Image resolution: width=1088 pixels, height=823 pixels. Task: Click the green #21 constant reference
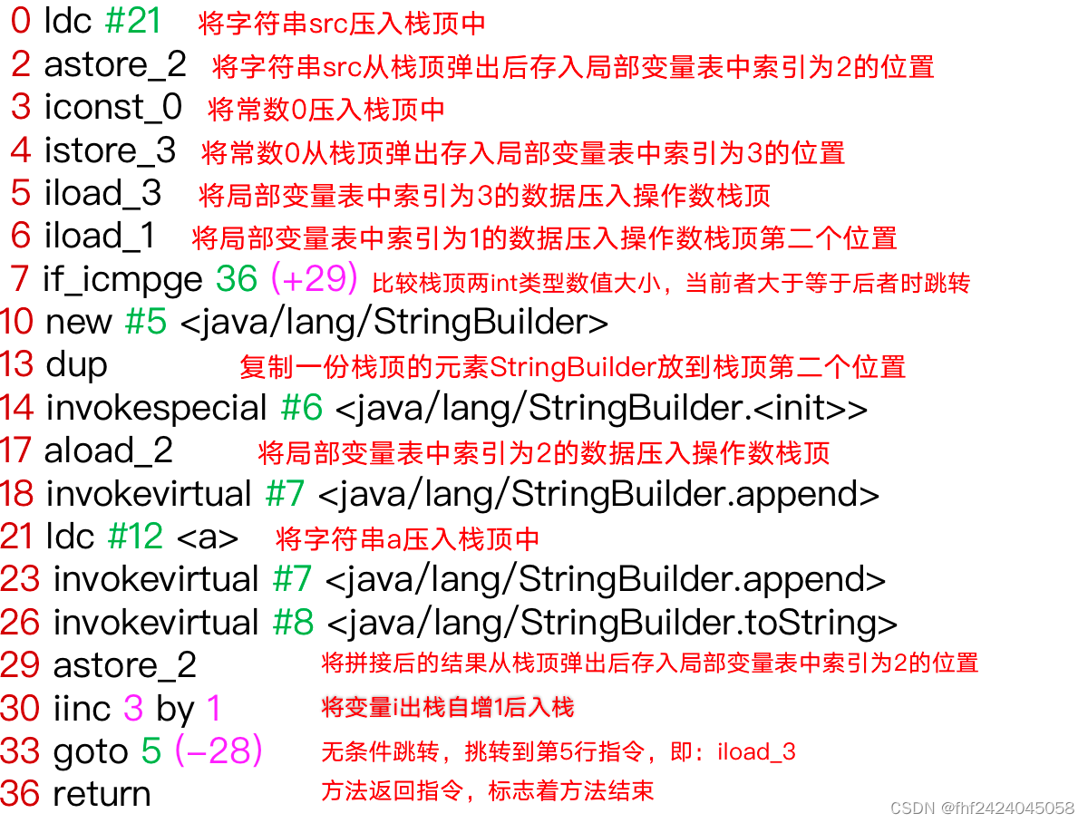132,22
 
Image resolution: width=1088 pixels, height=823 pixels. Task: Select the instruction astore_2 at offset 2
115,64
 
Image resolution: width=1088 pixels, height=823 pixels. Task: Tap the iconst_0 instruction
112,107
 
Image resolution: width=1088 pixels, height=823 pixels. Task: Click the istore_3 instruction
110,150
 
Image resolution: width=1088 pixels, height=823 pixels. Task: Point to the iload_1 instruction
100,236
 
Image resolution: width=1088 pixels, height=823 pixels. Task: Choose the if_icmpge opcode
122,279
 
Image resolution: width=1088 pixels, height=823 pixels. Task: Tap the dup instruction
76,364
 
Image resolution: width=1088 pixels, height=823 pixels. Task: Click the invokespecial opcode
156,408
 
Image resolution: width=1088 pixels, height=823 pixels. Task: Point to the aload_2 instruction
108,450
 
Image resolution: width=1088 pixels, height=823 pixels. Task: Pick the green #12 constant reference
135,537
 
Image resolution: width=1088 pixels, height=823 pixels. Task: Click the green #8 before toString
293,623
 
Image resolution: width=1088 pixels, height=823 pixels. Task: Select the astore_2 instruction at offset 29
124,665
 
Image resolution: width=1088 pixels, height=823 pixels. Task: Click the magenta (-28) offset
219,750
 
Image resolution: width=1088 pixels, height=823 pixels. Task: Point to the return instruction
102,794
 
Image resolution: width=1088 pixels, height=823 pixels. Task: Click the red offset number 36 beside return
20,794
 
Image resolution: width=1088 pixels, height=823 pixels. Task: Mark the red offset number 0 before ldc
20,22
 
